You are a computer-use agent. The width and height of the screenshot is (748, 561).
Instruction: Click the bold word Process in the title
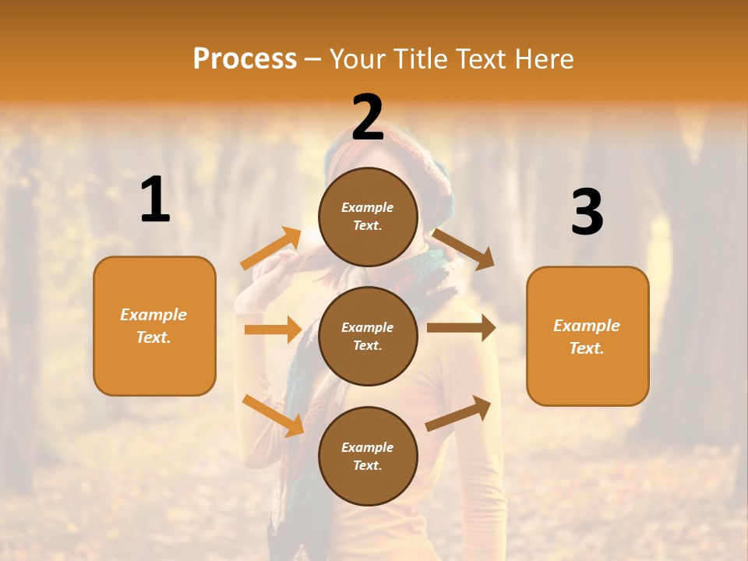click(x=245, y=58)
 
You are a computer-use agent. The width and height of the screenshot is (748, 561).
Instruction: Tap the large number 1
click(x=155, y=199)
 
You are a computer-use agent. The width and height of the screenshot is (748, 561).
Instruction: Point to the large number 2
click(x=368, y=118)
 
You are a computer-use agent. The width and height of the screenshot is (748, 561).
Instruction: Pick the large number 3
click(x=587, y=213)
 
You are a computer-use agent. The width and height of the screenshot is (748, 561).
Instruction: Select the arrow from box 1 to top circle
click(x=271, y=248)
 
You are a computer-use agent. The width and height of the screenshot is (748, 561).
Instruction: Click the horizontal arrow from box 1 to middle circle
click(x=273, y=330)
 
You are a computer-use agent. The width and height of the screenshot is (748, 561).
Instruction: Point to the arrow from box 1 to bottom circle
click(x=273, y=415)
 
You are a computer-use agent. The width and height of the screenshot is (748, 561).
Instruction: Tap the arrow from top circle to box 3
click(x=464, y=249)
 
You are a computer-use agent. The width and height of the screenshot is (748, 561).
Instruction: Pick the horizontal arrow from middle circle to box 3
click(x=460, y=328)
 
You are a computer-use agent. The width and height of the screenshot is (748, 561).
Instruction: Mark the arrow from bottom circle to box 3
click(x=458, y=413)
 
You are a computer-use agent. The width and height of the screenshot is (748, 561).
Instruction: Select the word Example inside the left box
click(x=153, y=315)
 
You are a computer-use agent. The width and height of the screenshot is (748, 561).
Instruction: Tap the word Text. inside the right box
click(x=587, y=348)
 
